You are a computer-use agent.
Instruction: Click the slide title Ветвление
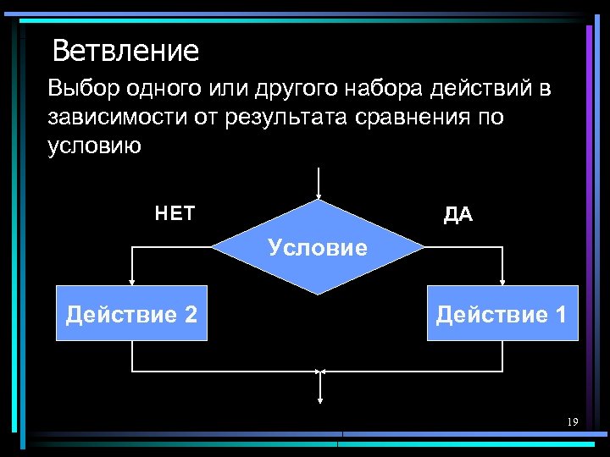pyautogui.click(x=125, y=52)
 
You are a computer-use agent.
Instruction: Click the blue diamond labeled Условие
pyautogui.click(x=318, y=248)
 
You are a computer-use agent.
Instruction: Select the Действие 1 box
pyautogui.click(x=502, y=315)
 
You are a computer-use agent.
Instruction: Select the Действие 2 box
pyautogui.click(x=131, y=315)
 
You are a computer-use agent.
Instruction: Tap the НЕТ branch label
pyautogui.click(x=175, y=214)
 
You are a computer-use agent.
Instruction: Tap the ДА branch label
pyautogui.click(x=458, y=215)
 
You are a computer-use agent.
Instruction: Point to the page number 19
pyautogui.click(x=573, y=421)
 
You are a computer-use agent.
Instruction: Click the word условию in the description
pyautogui.click(x=94, y=146)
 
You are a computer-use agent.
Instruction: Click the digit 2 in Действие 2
pyautogui.click(x=191, y=315)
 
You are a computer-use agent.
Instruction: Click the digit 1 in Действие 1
pyautogui.click(x=561, y=315)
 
